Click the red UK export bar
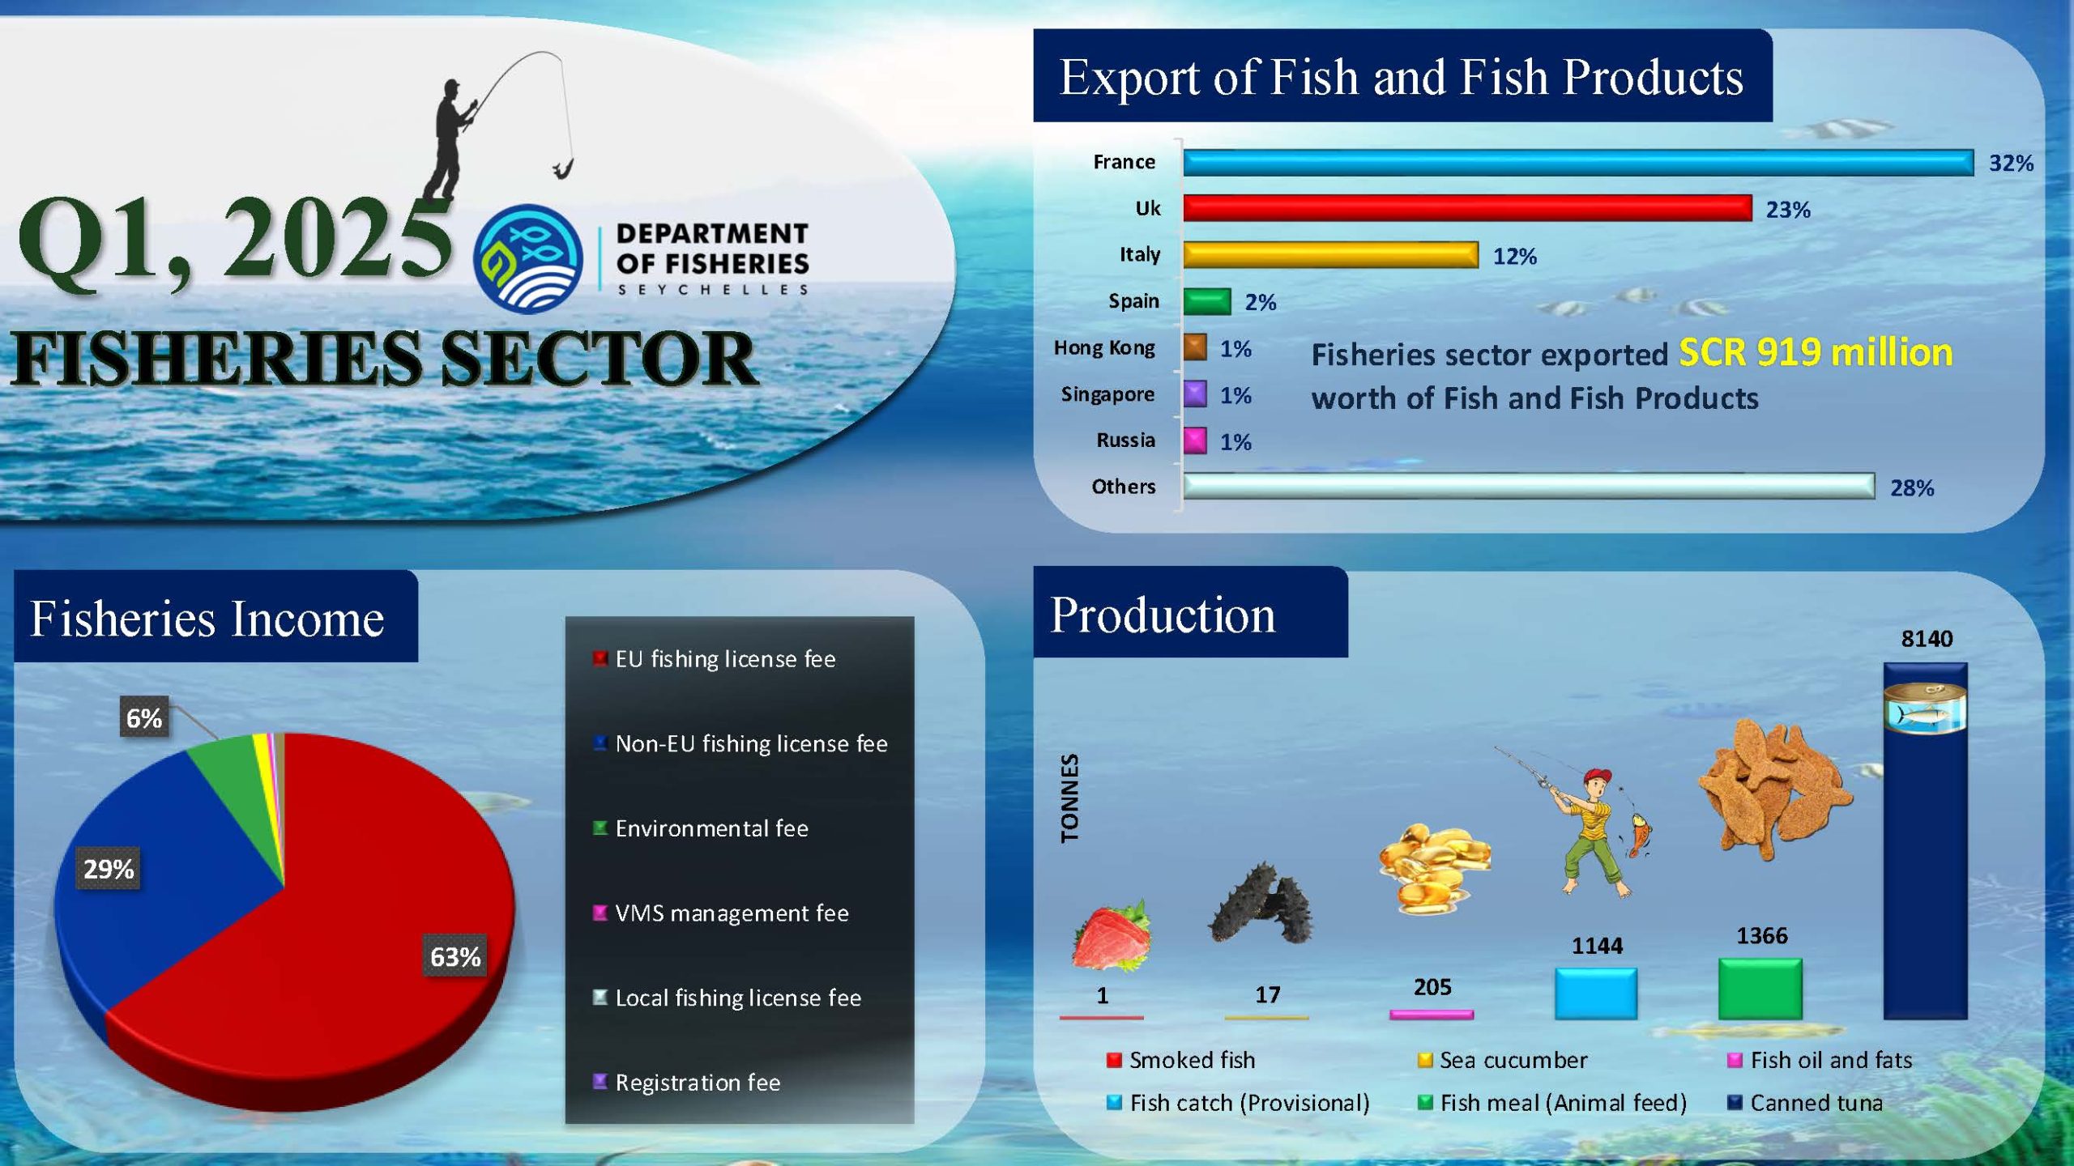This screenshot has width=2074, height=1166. [x=1467, y=208]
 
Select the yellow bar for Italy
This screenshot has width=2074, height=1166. [x=1330, y=255]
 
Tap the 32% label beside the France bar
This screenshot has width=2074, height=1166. [x=2011, y=163]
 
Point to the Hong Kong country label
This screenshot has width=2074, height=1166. [x=1104, y=348]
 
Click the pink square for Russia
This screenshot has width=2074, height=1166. [x=1195, y=441]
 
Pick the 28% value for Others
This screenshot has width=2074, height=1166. [x=1912, y=487]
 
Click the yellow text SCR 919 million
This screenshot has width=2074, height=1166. [x=1816, y=352]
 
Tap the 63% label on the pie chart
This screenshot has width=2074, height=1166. [x=455, y=956]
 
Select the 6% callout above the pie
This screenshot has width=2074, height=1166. [x=144, y=717]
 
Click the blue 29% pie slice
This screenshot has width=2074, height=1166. [x=162, y=874]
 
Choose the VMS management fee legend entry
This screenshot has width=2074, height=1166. [x=721, y=913]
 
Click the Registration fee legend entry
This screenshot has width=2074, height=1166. [x=687, y=1083]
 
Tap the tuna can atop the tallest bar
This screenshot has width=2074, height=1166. [x=1924, y=708]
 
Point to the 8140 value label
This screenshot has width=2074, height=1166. [x=1927, y=639]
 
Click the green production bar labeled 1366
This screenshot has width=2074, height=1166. [x=1760, y=989]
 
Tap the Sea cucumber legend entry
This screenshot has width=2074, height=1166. [x=1503, y=1060]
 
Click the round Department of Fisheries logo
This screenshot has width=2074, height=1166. [x=528, y=259]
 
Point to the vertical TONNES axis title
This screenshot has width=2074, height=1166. [x=1069, y=798]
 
